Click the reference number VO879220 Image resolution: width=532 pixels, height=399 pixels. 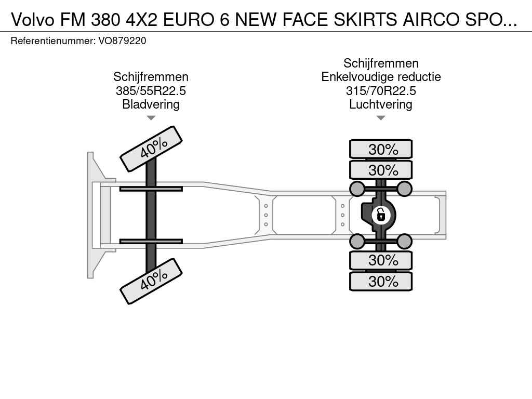(122, 41)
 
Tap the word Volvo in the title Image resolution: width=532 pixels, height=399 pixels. (33, 20)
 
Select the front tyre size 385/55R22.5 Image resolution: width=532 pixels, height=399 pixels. (151, 91)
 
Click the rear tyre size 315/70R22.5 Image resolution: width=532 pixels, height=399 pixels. (381, 91)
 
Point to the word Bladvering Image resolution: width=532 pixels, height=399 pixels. (151, 104)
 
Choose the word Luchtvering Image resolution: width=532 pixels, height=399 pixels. (381, 104)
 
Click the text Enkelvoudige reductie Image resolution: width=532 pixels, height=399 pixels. (381, 77)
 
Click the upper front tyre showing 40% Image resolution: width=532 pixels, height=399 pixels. (151, 149)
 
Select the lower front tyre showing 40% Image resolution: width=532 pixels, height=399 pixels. (151, 281)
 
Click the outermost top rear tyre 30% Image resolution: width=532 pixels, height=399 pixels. (381, 149)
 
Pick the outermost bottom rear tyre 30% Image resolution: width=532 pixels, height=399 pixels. (381, 281)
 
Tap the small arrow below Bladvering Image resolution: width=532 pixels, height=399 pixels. (151, 118)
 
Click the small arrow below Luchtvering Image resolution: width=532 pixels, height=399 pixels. (381, 118)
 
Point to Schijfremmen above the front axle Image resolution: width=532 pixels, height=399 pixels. (151, 77)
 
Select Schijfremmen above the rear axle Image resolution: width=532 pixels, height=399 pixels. (381, 63)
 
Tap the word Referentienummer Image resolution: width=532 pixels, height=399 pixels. (53, 41)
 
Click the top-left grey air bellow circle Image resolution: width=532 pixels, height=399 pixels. (357, 189)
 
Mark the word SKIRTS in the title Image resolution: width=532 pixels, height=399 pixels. (365, 20)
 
